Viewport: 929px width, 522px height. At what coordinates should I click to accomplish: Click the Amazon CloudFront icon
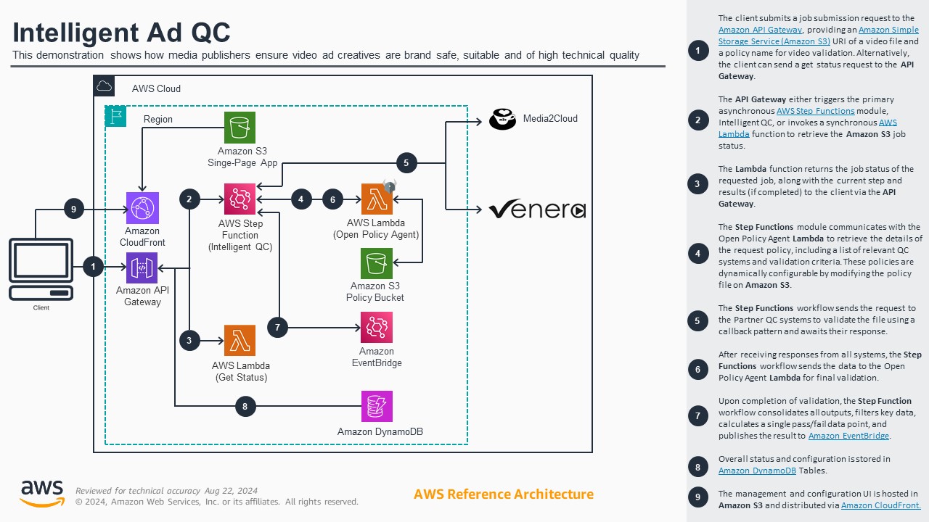pos(142,208)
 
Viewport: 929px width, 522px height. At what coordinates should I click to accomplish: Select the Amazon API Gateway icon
pos(142,268)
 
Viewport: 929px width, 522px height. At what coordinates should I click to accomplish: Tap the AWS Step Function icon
pos(240,199)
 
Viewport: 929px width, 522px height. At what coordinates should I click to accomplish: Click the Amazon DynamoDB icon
pos(377,406)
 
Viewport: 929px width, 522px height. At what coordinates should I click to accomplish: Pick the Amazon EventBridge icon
pos(377,328)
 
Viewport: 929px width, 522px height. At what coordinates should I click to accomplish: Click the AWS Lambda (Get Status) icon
pos(240,341)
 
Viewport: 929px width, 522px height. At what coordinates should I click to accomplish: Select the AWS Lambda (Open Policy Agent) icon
pos(377,199)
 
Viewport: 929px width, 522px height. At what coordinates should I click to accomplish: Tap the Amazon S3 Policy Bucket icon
pos(377,264)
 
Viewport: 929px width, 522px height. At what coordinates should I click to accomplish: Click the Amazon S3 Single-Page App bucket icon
pos(240,128)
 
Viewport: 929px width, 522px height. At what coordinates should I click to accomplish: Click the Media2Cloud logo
pos(502,119)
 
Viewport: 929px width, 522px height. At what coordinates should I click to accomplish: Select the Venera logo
pos(536,210)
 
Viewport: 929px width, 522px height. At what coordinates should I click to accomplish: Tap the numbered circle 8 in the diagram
pos(245,407)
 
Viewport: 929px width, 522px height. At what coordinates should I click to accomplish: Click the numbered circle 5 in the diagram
pos(406,163)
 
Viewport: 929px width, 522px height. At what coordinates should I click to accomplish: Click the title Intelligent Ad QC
pos(121,33)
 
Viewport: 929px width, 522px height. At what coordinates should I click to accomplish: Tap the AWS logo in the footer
pos(42,494)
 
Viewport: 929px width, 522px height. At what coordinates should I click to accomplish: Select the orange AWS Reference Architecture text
pos(503,494)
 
